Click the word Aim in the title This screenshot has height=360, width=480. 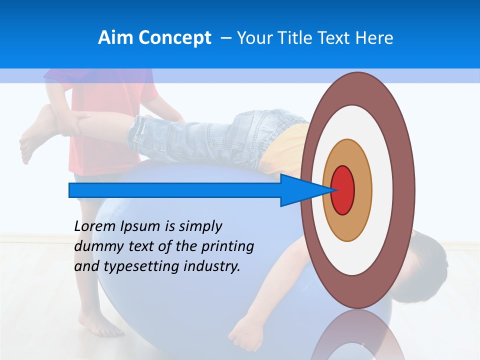115,38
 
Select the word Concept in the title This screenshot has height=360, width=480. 174,38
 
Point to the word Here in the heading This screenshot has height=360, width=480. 374,38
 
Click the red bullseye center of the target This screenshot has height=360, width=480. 343,190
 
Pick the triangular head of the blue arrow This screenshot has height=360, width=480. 305,190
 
